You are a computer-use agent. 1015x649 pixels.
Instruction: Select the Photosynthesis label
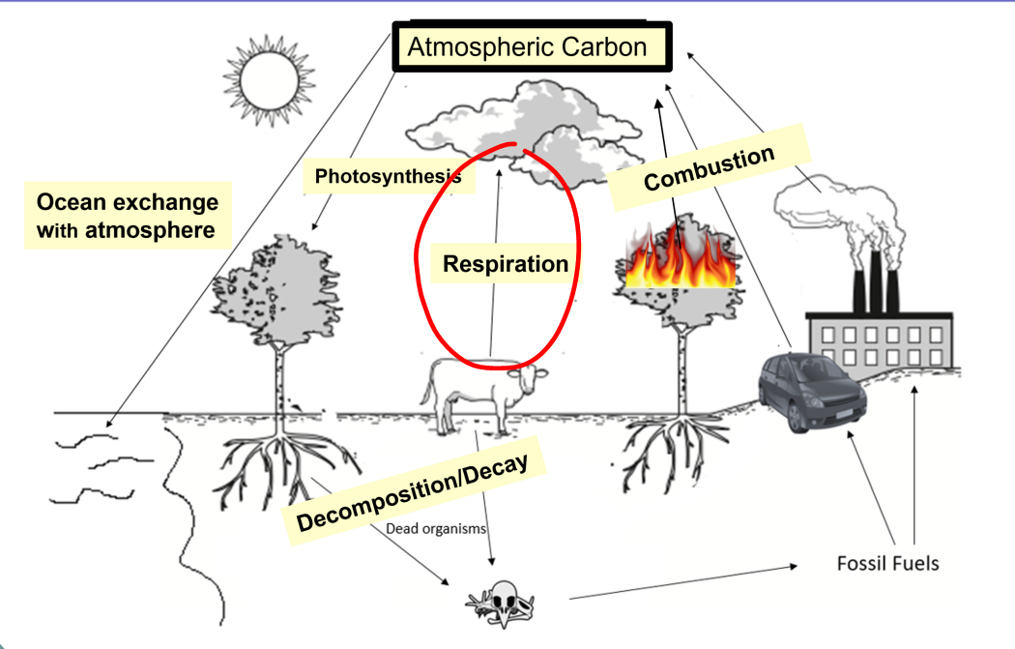pyautogui.click(x=388, y=176)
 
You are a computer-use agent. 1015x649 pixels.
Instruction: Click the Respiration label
pyautogui.click(x=505, y=263)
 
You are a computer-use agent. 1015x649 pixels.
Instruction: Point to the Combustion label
pyautogui.click(x=709, y=167)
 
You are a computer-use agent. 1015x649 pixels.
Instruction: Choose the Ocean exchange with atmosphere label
pyautogui.click(x=127, y=217)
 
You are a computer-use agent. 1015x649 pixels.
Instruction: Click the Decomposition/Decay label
pyautogui.click(x=414, y=491)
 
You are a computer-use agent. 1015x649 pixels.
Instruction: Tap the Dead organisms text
pyautogui.click(x=435, y=529)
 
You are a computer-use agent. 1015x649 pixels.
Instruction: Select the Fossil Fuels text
pyautogui.click(x=887, y=562)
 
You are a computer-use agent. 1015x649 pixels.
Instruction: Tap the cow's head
pyautogui.click(x=533, y=378)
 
